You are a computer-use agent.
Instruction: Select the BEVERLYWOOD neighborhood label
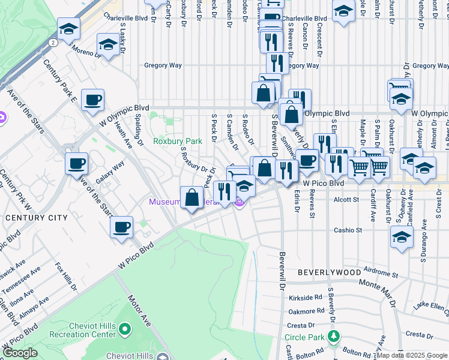330,272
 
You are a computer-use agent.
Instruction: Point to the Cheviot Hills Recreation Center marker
125,329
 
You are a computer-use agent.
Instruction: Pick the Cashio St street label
348,230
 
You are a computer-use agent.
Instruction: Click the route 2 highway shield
53,43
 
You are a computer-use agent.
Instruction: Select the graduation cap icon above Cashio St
401,236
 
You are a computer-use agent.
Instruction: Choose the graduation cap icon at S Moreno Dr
107,44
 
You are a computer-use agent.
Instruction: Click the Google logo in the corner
20,353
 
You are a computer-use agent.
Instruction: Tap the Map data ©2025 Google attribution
412,355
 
